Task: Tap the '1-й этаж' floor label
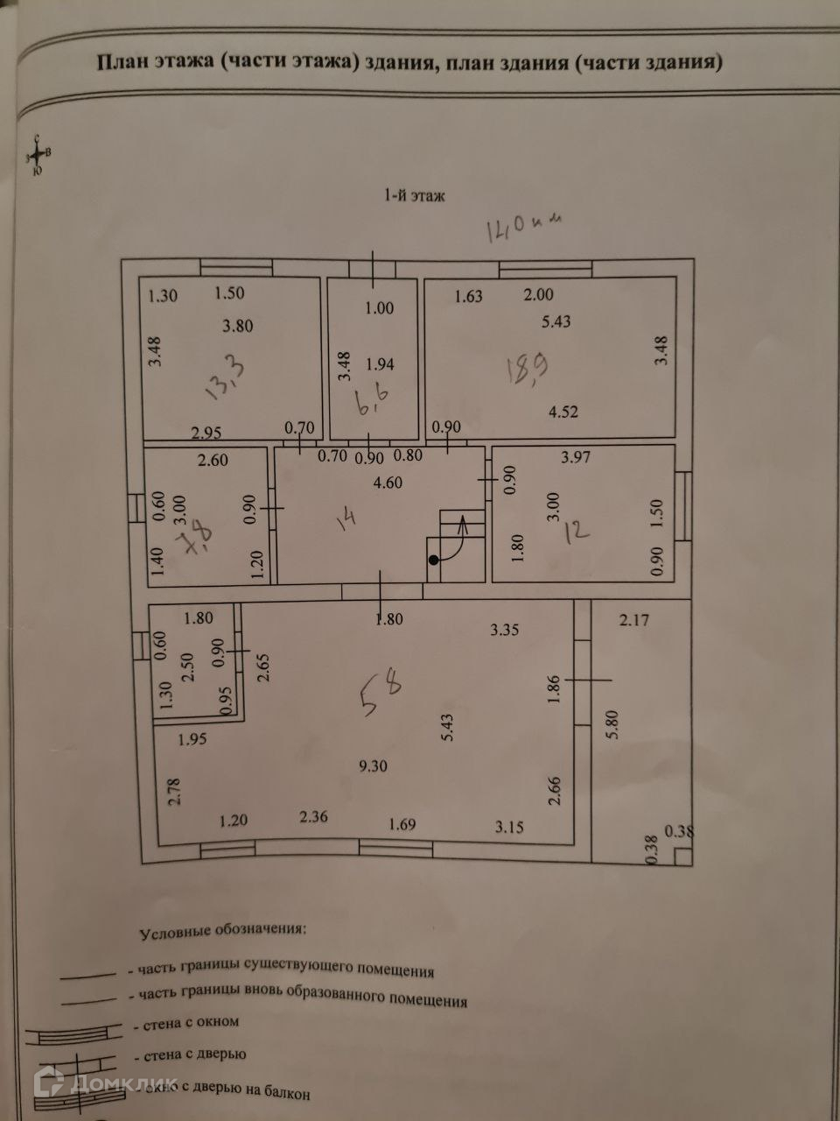tap(414, 195)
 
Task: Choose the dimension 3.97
tap(577, 457)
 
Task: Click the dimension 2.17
tap(634, 621)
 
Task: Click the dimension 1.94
tap(380, 363)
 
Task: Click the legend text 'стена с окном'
tap(186, 1022)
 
